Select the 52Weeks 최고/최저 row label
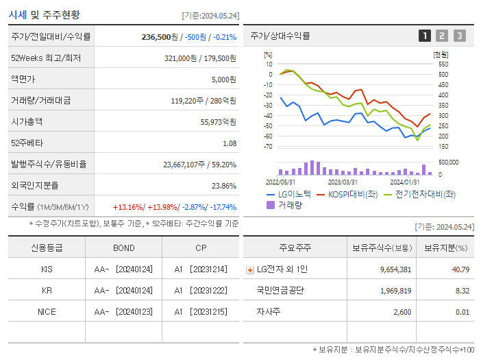(x=46, y=58)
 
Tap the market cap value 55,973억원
(x=218, y=122)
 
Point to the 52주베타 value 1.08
(x=230, y=143)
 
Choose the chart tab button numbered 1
(x=425, y=36)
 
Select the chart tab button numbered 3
(x=459, y=36)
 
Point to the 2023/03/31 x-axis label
(x=343, y=182)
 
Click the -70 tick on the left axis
(x=267, y=147)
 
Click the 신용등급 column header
(x=47, y=248)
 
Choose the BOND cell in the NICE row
(x=123, y=311)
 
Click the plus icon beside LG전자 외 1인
(x=249, y=270)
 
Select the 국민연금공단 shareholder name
(x=281, y=291)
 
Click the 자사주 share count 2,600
(x=399, y=312)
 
